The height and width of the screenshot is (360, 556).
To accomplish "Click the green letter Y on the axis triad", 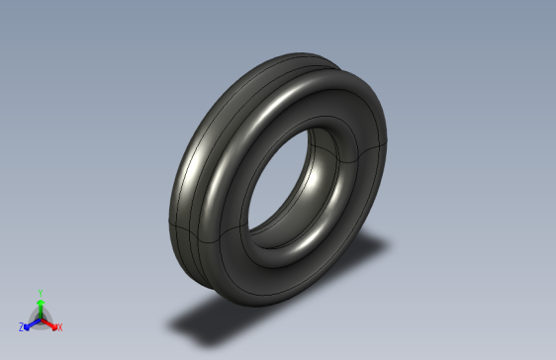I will (40, 293).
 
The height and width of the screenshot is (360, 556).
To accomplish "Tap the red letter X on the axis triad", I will (59, 326).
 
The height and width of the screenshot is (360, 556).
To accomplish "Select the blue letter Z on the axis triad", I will (22, 326).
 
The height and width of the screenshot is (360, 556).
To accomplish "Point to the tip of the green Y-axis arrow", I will (40, 301).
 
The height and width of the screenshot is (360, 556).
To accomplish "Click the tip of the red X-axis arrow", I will (53, 324).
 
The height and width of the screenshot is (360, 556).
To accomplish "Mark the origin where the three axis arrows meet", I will (40, 317).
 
